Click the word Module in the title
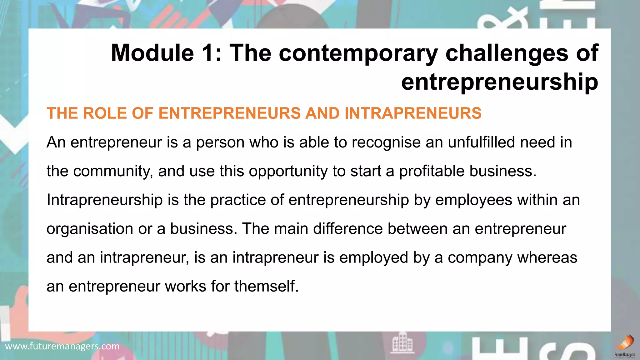pyautogui.click(x=152, y=53)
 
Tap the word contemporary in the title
pyautogui.click(x=359, y=53)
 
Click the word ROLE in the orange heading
pyautogui.click(x=104, y=113)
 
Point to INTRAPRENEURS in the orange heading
pyautogui.click(x=413, y=113)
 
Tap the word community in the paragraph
pyautogui.click(x=113, y=172)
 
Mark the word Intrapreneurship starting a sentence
pyautogui.click(x=105, y=200)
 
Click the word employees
pyautogui.click(x=473, y=200)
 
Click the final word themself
pyautogui.click(x=266, y=286)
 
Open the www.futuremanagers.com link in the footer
pyautogui.click(x=62, y=346)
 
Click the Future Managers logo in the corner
pyautogui.click(x=625, y=346)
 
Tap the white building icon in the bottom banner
pyautogui.click(x=402, y=343)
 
